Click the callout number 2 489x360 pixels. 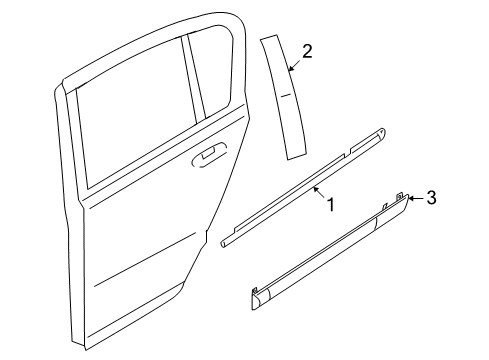pos(308,52)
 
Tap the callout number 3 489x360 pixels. pos(431,198)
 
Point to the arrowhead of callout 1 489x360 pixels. pos(313,186)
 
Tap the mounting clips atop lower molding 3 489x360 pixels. pos(400,196)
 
